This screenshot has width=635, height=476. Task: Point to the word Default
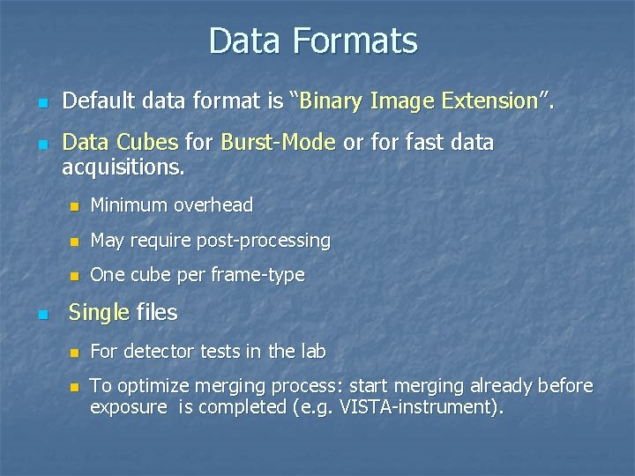pyautogui.click(x=100, y=101)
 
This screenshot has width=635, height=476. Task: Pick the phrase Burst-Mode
pyautogui.click(x=278, y=142)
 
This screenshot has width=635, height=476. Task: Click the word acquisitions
pyautogui.click(x=123, y=167)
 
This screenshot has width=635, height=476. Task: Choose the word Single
pyautogui.click(x=99, y=312)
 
